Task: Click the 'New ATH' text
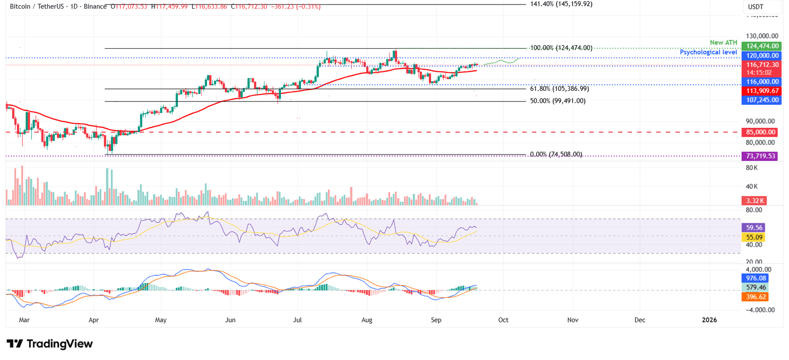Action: coord(723,43)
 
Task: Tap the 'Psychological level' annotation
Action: coord(708,52)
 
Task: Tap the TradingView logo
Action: coord(50,344)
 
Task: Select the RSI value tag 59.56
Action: coord(754,228)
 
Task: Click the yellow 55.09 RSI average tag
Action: coord(754,237)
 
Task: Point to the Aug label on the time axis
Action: coord(367,319)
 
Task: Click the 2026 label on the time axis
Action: coord(709,319)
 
